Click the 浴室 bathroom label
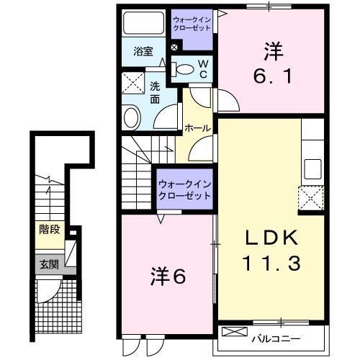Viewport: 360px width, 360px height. (x=143, y=51)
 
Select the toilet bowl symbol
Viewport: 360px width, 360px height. (x=184, y=70)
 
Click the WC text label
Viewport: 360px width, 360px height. (x=203, y=69)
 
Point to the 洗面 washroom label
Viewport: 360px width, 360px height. (x=155, y=93)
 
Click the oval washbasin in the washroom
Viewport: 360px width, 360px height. (x=132, y=117)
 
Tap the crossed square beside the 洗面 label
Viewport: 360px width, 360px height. (x=132, y=83)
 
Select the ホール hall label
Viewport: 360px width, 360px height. (x=197, y=128)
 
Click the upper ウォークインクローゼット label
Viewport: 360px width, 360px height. (x=192, y=23)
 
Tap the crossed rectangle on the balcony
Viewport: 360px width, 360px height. (x=234, y=333)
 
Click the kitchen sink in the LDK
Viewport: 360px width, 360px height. (x=312, y=168)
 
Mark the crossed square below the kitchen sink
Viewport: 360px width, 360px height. (x=310, y=197)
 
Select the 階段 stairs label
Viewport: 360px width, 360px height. (x=49, y=232)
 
